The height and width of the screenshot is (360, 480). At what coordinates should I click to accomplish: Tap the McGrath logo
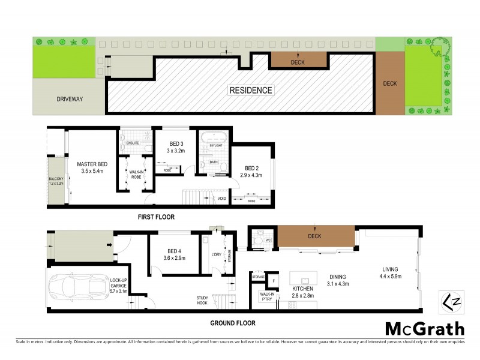coord(424,328)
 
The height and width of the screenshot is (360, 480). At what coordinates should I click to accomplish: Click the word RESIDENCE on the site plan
coord(251,91)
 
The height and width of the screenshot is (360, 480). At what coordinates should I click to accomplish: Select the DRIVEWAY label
coord(69,99)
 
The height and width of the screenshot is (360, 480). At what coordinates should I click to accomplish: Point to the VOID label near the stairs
coord(222,198)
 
